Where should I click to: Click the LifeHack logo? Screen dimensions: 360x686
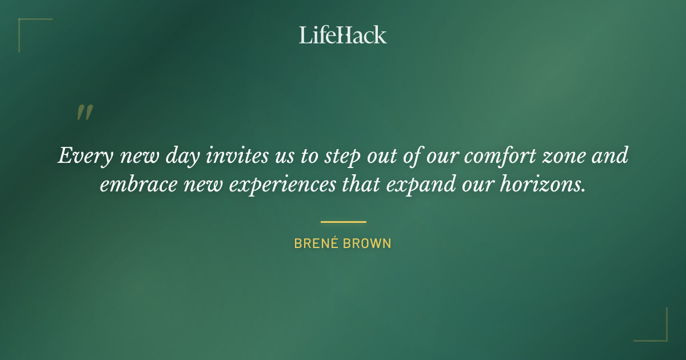point(343,35)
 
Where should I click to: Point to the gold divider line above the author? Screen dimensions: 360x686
point(343,222)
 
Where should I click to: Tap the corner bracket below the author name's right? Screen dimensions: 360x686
point(657,331)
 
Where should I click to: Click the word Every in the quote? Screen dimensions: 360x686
point(81,156)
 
